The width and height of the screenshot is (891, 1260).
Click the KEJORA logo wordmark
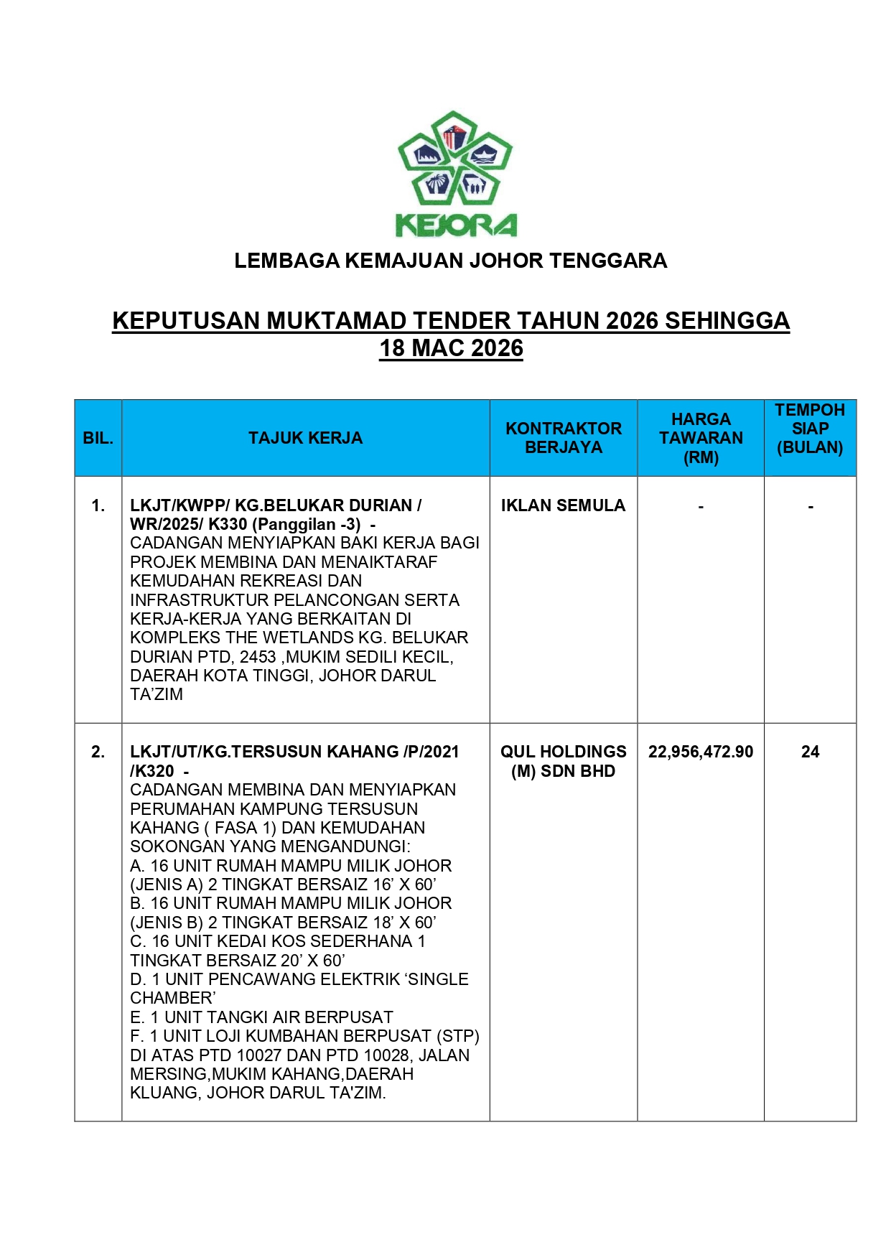pyautogui.click(x=456, y=225)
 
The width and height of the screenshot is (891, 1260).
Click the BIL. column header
pyautogui.click(x=98, y=438)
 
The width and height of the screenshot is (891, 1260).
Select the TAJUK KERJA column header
pyautogui.click(x=305, y=438)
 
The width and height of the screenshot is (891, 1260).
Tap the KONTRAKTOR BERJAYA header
pyautogui.click(x=564, y=438)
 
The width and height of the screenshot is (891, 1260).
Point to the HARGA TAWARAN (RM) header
pyautogui.click(x=701, y=438)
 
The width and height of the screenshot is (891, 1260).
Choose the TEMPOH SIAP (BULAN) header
pyautogui.click(x=810, y=429)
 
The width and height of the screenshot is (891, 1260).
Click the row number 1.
pyautogui.click(x=98, y=506)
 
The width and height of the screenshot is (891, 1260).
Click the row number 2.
pyautogui.click(x=98, y=752)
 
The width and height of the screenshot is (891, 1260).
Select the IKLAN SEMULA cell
pyautogui.click(x=563, y=505)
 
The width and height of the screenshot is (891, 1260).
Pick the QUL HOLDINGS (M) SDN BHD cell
pyautogui.click(x=564, y=761)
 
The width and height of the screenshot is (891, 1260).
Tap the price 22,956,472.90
pyautogui.click(x=701, y=752)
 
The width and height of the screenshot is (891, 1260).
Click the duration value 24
pyautogui.click(x=810, y=752)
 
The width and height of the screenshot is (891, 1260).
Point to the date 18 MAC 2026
pyautogui.click(x=451, y=348)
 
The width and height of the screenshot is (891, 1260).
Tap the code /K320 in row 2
pyautogui.click(x=151, y=771)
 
